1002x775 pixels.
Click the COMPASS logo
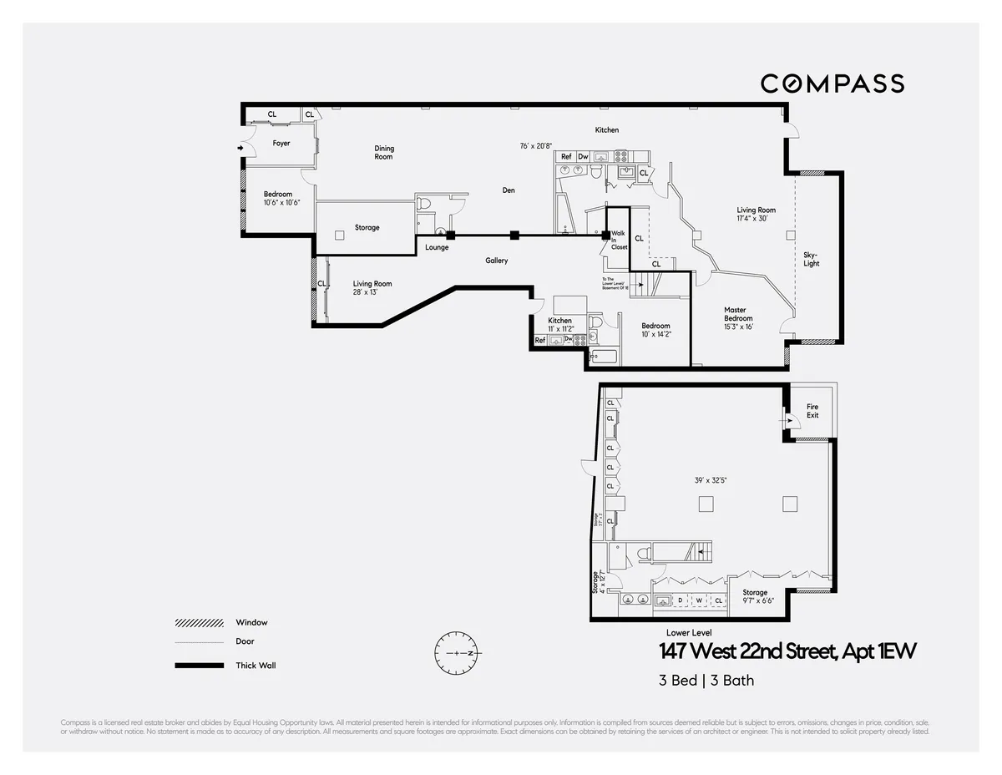[832, 84]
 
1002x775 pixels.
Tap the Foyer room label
[281, 144]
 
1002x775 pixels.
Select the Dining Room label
[383, 153]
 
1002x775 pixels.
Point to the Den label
[509, 190]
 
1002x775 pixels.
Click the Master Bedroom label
[738, 314]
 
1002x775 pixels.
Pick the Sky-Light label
[811, 259]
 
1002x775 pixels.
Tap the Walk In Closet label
[619, 241]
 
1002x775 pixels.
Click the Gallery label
[497, 261]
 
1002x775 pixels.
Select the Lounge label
[437, 247]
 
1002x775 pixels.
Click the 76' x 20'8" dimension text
[536, 146]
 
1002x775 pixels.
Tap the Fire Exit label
[812, 411]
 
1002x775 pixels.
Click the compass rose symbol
[458, 652]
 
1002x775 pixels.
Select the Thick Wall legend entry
[256, 666]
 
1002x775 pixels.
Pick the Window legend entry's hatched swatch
[200, 623]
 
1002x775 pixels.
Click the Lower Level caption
[689, 632]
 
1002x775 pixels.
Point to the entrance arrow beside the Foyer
[241, 149]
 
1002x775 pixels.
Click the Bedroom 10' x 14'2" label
[655, 330]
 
